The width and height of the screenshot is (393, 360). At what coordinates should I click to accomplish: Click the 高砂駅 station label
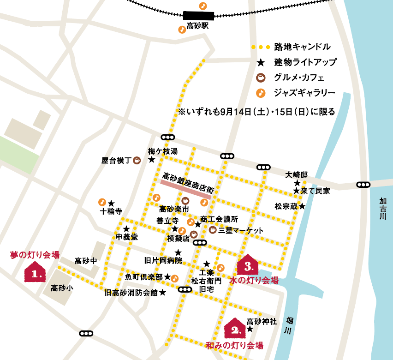pos(198,26)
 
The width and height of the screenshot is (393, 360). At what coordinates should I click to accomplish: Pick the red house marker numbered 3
pos(248,265)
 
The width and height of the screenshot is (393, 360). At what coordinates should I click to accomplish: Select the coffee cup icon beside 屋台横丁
pos(137,161)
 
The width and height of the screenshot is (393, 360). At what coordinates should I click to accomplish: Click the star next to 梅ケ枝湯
pos(151,160)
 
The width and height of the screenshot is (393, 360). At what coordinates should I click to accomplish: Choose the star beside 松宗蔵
pos(302,206)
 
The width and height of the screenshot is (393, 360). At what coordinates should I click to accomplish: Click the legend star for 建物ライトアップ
pos(261,62)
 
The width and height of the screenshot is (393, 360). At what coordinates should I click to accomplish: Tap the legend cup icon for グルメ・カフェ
pos(261,77)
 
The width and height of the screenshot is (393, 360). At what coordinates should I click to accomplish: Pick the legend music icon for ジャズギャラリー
pos(261,92)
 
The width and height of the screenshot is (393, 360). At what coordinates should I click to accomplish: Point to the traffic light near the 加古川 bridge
pos(363,185)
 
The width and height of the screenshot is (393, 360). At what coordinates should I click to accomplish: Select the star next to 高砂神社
pos(250,329)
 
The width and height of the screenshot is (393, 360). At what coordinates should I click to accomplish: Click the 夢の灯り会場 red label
pos(35,254)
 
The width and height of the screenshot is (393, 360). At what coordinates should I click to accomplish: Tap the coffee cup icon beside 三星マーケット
pos(213,230)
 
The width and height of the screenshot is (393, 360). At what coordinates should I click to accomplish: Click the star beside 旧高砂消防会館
pos(162,293)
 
